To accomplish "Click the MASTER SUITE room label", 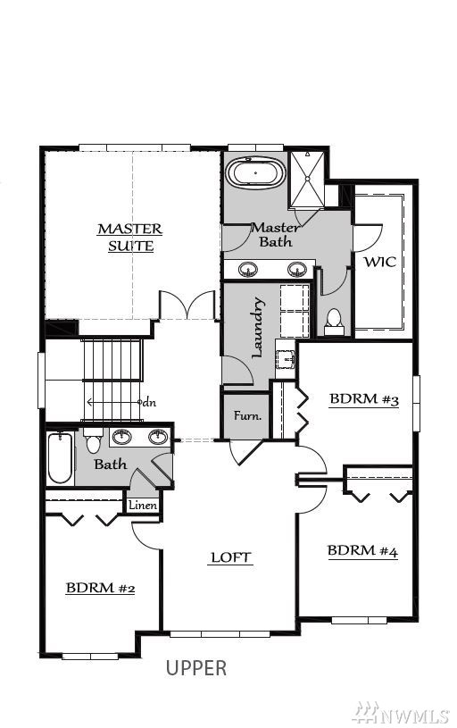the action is tap(130, 238).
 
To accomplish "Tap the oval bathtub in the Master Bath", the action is tap(255, 173).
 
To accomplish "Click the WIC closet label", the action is tap(380, 262).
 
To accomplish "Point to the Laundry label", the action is tap(259, 328).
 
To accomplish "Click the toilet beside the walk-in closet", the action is tap(334, 322).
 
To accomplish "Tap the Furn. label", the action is tap(247, 415).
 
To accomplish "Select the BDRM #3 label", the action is tap(364, 400).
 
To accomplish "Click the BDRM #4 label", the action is tap(362, 551).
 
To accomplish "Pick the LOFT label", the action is tap(230, 557).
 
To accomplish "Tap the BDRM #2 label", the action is tap(100, 588).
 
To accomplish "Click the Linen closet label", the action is tap(143, 506).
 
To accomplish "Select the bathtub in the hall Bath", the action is tap(61, 459).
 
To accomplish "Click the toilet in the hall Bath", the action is tap(94, 440).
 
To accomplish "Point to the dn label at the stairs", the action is tap(149, 402).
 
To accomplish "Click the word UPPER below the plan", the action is tap(196, 667).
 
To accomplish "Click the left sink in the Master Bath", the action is tap(248, 269).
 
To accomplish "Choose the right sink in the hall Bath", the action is tap(158, 437).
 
